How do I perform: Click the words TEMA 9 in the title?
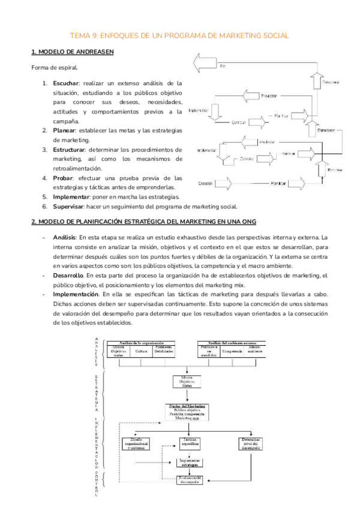[86, 36]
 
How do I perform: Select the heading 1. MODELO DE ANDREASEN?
[73, 52]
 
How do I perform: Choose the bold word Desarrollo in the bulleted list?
[70, 275]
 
